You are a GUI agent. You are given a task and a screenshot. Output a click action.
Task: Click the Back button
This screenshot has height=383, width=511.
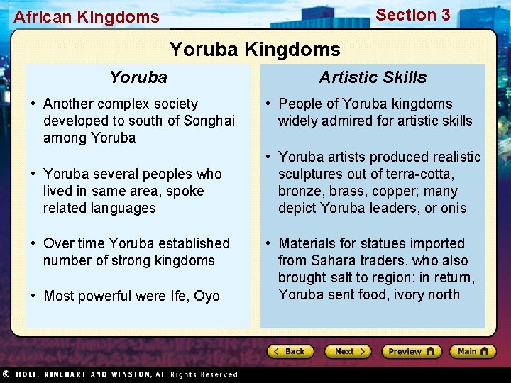[290, 351]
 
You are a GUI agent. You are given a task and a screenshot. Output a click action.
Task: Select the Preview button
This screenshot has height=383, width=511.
[411, 351]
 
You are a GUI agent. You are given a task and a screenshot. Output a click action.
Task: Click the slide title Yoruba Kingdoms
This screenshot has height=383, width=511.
[255, 50]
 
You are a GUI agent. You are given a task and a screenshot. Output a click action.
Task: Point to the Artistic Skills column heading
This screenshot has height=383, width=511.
[373, 77]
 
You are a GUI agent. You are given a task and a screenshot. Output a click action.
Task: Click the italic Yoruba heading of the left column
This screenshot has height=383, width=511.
[138, 77]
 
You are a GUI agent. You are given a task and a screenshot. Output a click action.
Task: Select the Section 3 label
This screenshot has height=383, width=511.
[412, 15]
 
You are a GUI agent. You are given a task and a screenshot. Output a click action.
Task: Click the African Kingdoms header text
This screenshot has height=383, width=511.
[87, 17]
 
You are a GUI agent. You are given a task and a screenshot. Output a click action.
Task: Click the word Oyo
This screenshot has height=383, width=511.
[207, 296]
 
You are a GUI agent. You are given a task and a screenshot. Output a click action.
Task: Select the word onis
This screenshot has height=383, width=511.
[453, 208]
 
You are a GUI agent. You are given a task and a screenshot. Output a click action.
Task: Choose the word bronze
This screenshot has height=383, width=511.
[300, 191]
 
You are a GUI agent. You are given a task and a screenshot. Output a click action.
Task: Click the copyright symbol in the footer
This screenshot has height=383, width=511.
[5, 374]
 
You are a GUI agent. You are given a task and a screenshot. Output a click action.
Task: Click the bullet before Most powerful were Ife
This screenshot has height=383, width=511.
[33, 296]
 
